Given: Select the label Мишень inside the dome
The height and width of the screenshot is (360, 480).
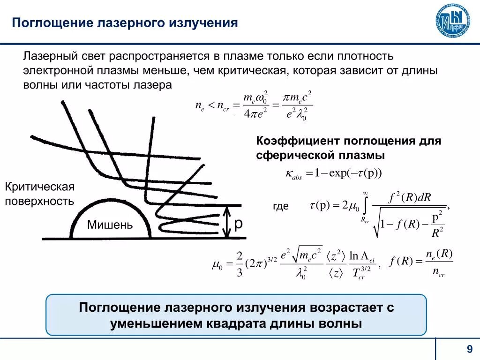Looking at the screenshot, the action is (110, 225).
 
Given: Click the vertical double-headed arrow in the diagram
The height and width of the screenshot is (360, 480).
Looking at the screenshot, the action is (227, 222).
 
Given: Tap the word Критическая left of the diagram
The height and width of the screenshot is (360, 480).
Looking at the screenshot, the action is (40, 187).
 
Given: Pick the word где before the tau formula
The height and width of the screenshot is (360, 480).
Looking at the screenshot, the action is (280, 206).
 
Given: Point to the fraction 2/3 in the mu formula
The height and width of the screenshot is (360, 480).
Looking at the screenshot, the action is (239, 264).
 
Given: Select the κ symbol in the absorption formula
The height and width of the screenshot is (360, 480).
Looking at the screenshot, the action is (289, 173).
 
